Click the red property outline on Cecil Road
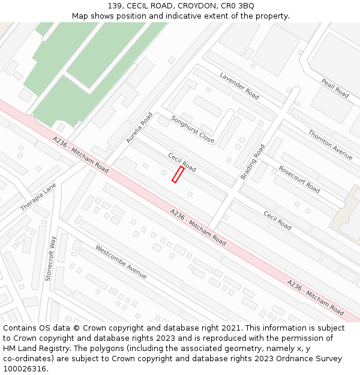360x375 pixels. click(x=178, y=175)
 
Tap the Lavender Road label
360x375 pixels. click(x=239, y=86)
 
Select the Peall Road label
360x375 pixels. click(x=335, y=88)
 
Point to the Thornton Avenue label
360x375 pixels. click(x=331, y=145)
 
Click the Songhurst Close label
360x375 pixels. click(x=193, y=129)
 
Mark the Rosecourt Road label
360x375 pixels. click(x=299, y=179)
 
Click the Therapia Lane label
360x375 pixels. click(x=38, y=197)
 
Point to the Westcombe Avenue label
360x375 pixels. click(x=121, y=262)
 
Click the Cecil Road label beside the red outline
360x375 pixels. click(x=182, y=162)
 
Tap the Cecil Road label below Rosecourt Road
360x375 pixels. click(x=277, y=220)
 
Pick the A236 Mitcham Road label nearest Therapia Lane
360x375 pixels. click(x=81, y=154)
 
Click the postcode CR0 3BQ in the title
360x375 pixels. click(x=238, y=5)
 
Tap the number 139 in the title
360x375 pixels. click(x=115, y=5)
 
